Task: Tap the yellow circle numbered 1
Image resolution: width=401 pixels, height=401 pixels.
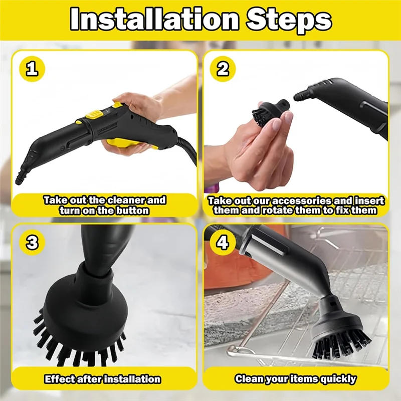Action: pos(32,69)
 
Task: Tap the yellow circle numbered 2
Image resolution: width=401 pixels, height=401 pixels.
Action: pos(223,69)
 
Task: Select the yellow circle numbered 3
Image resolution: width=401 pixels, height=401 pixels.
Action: pos(32,243)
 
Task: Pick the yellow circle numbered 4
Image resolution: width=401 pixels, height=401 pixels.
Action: pos(223,243)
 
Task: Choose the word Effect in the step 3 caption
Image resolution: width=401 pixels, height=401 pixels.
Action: pos(59,379)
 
